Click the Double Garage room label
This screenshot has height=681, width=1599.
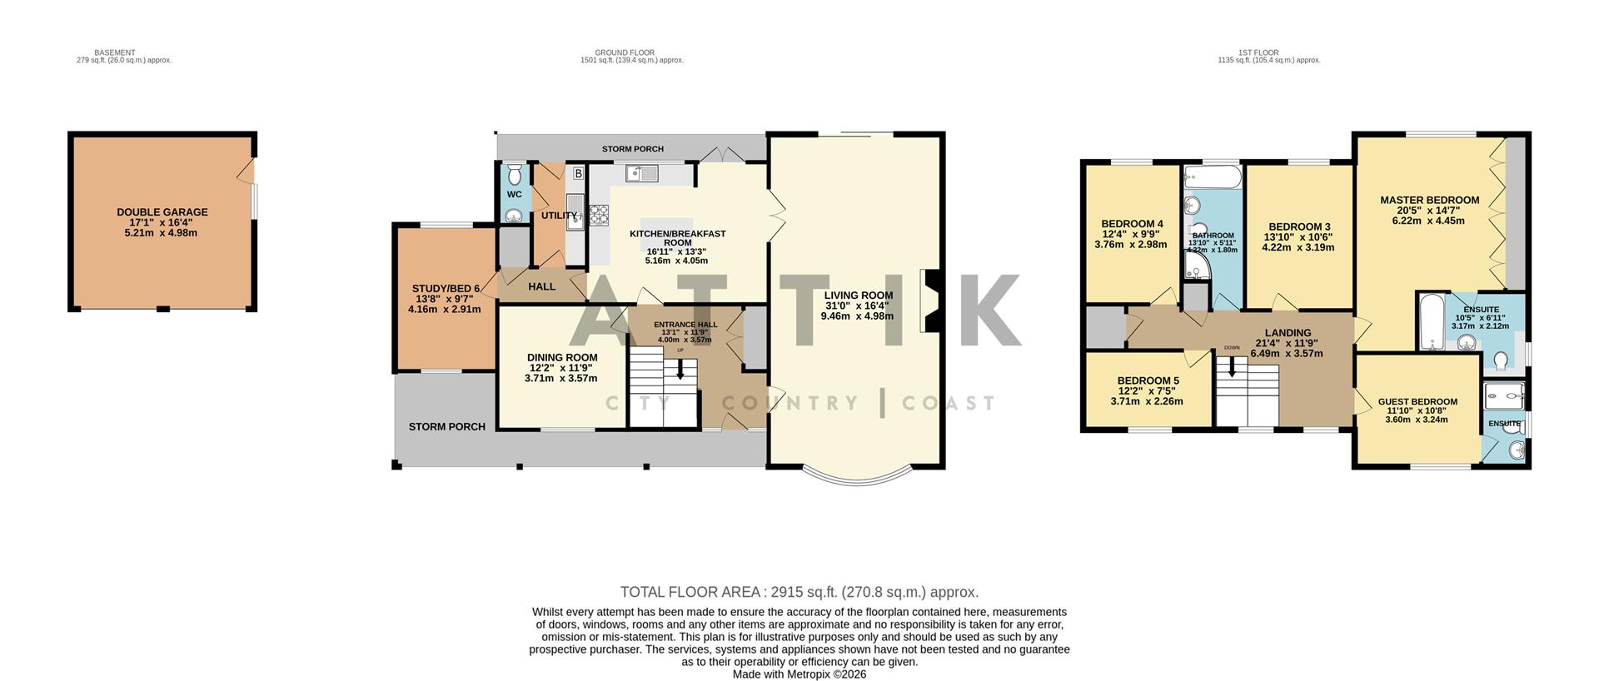pyautogui.click(x=162, y=212)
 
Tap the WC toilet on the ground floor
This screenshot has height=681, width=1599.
pyautogui.click(x=514, y=174)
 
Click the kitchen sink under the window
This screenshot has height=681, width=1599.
pyautogui.click(x=642, y=173)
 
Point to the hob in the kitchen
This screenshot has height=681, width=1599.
pyautogui.click(x=599, y=215)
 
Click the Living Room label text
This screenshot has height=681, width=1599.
pyautogui.click(x=858, y=296)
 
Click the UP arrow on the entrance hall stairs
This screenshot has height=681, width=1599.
pyautogui.click(x=680, y=368)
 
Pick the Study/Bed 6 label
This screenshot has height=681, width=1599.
pyautogui.click(x=446, y=289)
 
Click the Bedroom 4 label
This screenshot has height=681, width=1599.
pyautogui.click(x=1131, y=224)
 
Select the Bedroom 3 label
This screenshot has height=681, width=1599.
pyautogui.click(x=1298, y=226)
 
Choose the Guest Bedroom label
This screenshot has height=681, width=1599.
pyautogui.click(x=1417, y=401)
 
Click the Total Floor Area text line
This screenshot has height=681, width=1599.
pyautogui.click(x=799, y=592)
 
